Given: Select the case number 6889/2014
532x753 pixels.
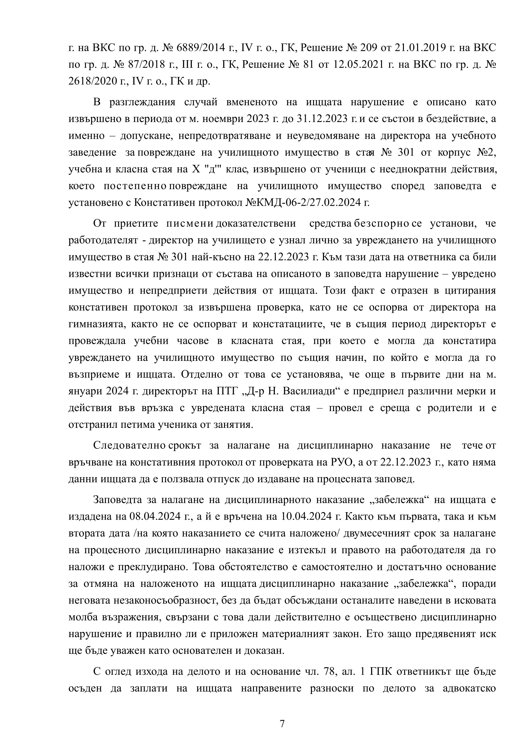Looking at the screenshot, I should [200, 48].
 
